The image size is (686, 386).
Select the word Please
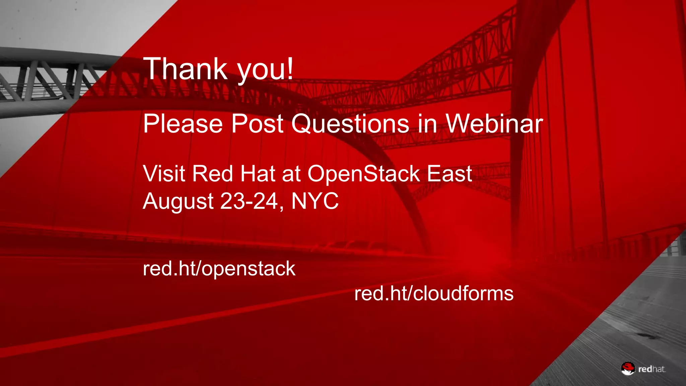pos(183,124)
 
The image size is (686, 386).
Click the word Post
pos(257,124)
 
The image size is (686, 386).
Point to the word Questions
pos(350,124)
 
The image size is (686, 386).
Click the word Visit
pos(164,174)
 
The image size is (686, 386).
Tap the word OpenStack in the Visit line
pos(364,174)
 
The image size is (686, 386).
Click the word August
pos(178,201)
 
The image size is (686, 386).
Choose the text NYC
pos(315,201)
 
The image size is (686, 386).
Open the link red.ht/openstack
pos(219,269)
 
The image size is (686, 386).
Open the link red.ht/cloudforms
pos(434,294)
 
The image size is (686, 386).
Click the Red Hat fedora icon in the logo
pos(628,368)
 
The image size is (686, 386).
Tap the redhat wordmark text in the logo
pos(651,369)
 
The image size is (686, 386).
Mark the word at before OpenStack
pos(291,174)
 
